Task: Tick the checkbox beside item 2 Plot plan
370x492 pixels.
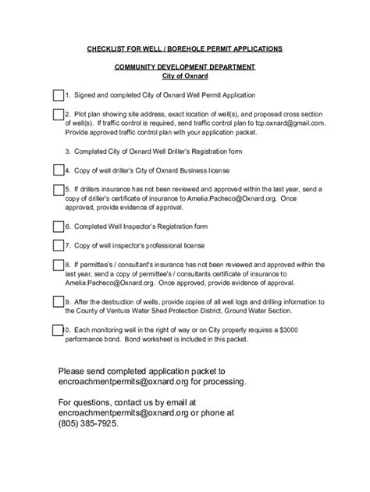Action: [x=59, y=115]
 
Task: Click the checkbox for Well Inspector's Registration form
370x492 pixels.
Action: [x=59, y=226]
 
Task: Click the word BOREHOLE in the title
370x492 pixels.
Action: [x=173, y=49]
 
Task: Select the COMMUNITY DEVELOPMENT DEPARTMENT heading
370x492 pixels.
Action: [x=184, y=68]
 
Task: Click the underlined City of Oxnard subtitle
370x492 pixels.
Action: [x=184, y=77]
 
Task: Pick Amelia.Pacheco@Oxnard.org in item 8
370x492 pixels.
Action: [x=112, y=283]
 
